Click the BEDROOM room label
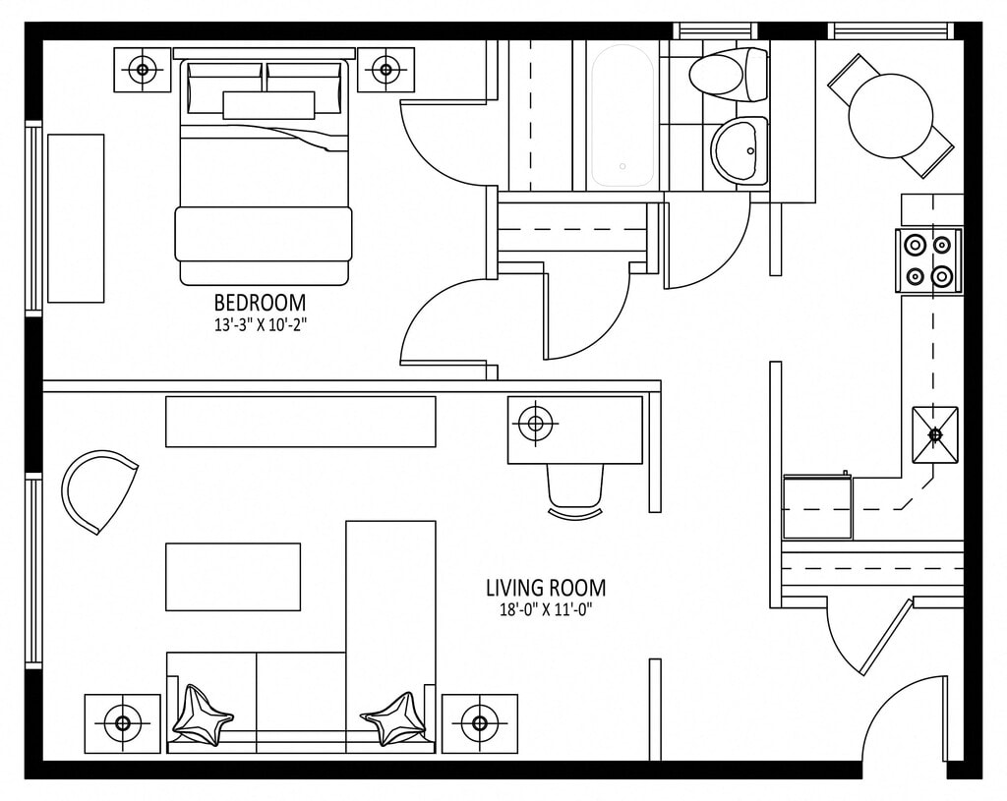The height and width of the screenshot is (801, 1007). click(x=260, y=303)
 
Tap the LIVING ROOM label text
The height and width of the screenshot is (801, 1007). click(x=545, y=588)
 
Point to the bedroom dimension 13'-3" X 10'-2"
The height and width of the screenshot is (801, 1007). click(x=260, y=325)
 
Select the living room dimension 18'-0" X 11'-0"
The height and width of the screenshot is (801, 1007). click(x=545, y=610)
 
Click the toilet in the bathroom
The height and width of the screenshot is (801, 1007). click(x=729, y=75)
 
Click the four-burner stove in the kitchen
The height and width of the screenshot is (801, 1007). click(x=928, y=260)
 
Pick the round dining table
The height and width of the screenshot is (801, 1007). click(x=890, y=116)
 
